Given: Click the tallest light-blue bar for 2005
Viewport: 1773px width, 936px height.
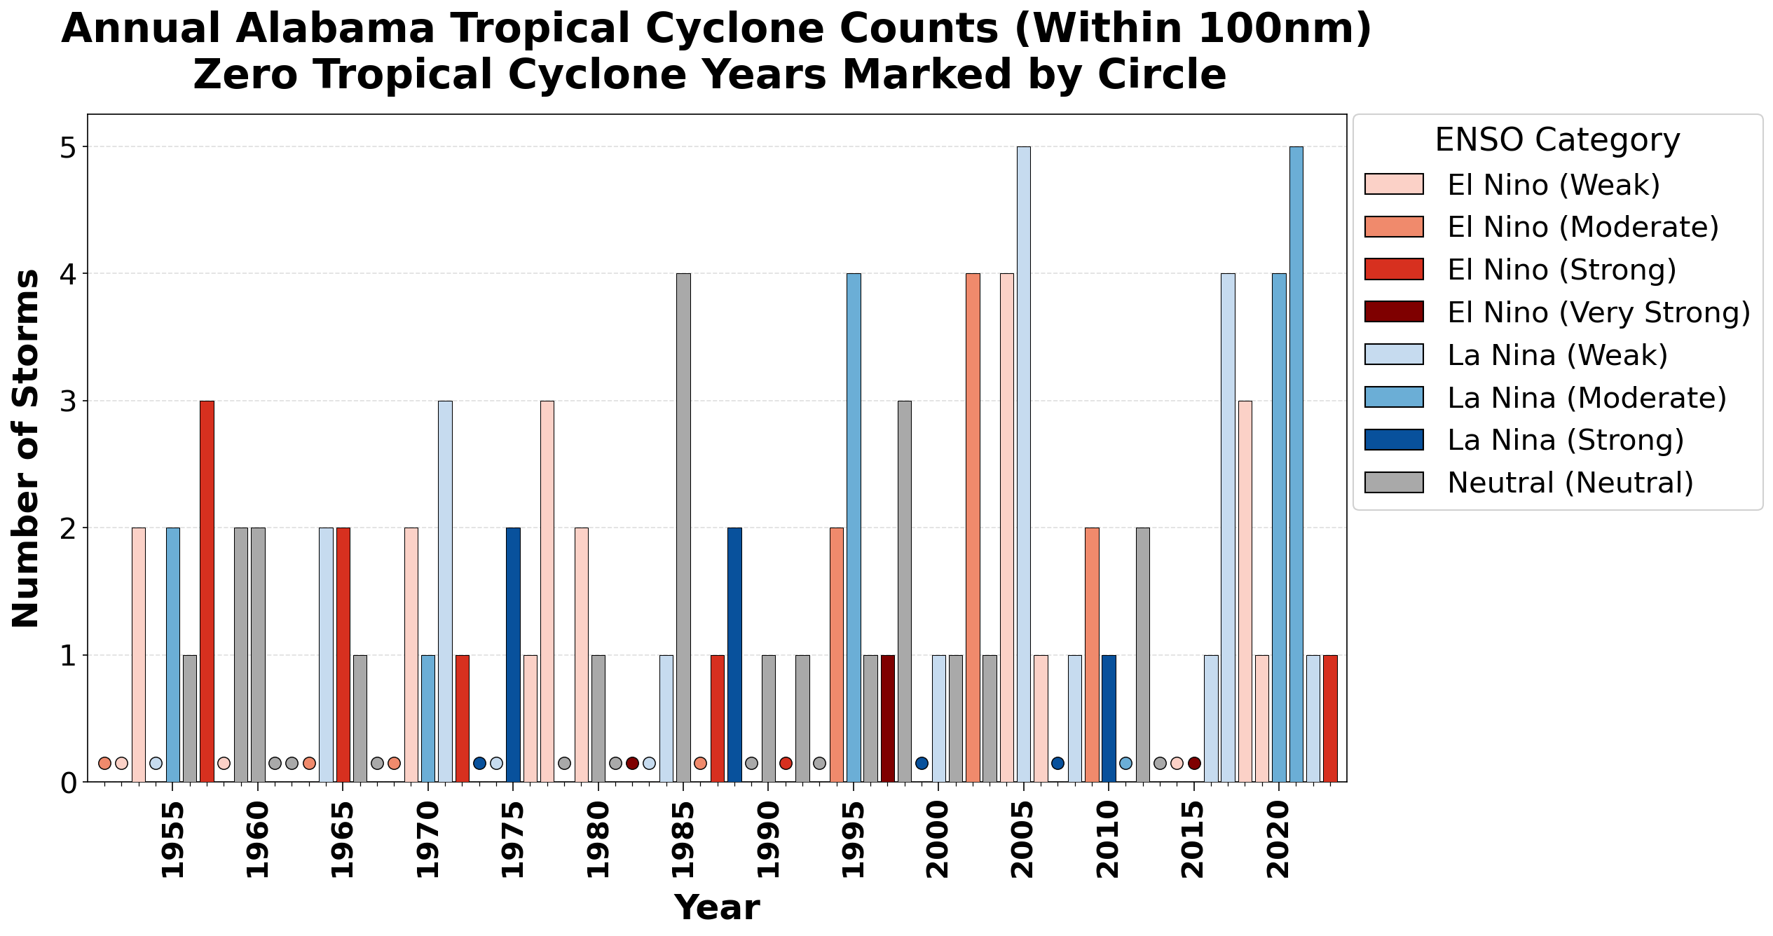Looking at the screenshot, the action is (x=1024, y=464).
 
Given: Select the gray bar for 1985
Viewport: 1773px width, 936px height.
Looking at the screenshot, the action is (x=683, y=528).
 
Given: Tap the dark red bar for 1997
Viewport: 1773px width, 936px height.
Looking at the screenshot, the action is (x=888, y=718).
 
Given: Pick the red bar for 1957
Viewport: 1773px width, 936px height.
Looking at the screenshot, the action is (x=207, y=591).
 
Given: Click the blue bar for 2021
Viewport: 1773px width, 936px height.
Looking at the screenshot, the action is (x=1296, y=464).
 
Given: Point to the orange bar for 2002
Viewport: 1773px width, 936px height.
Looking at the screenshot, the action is (x=973, y=528).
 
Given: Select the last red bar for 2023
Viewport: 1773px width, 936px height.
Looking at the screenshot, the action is (x=1330, y=718).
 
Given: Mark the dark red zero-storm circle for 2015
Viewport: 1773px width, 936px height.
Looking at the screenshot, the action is (x=1194, y=763).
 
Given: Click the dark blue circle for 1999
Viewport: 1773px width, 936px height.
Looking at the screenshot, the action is (x=922, y=763).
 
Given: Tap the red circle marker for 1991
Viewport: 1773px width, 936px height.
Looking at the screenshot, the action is (x=786, y=763).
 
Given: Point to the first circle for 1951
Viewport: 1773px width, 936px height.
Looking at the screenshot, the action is (x=104, y=763).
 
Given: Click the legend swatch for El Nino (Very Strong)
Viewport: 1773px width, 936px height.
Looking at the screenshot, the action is (x=1394, y=312).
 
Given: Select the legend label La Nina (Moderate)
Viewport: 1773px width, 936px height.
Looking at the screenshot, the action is (x=1587, y=397).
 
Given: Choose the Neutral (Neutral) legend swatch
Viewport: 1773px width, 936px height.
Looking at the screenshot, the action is (x=1394, y=482).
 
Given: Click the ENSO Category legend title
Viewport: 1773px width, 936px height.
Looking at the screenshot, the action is (x=1557, y=140).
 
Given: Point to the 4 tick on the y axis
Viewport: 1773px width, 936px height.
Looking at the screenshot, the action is (x=69, y=274).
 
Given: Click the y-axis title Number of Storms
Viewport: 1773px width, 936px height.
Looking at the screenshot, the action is (x=25, y=448).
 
